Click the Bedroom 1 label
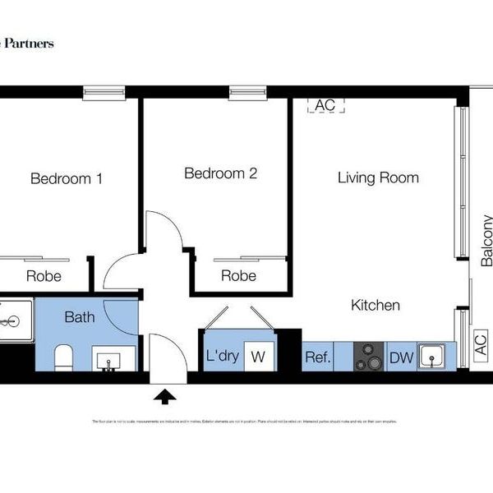67,178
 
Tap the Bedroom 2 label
221,173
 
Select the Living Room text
378,177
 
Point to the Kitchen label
376,306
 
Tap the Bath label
81,316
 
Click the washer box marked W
258,357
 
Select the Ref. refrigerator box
318,357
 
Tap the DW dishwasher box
401,357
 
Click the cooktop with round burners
369,357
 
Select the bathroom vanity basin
108,360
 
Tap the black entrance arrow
165,398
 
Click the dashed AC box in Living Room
325,105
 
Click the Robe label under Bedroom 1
44,276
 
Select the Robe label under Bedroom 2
238,276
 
